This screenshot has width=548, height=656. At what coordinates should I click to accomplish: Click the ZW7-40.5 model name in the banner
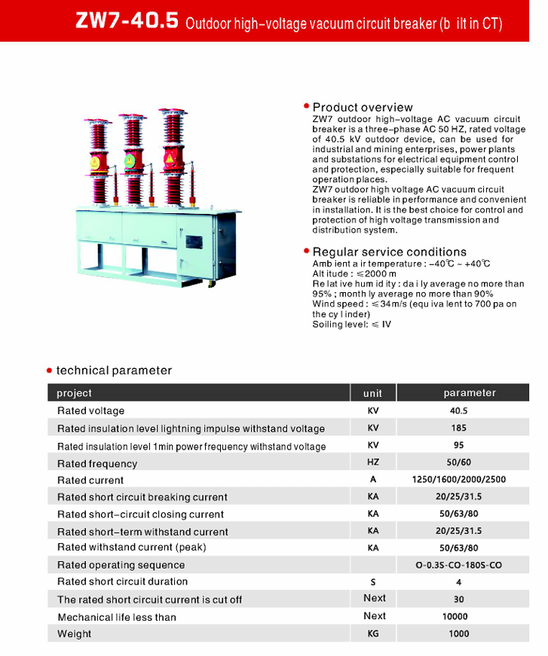[x=127, y=21]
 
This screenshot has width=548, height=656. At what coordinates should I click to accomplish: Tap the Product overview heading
[x=363, y=107]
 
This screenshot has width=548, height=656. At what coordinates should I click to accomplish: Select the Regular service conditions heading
[x=389, y=252]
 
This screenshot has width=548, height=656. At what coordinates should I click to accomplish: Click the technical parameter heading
[x=114, y=371]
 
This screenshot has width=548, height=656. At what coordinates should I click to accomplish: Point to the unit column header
[x=372, y=393]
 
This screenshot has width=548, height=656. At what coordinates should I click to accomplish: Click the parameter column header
[x=470, y=392]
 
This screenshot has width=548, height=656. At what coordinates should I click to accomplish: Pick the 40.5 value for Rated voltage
[x=458, y=411]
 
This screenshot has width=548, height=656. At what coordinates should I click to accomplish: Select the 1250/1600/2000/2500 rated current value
[x=458, y=480]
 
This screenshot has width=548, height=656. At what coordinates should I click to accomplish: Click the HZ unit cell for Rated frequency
[x=372, y=462]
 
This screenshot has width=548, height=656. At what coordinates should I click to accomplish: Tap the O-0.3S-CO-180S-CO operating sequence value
[x=458, y=565]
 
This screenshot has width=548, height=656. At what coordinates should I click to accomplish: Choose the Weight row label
[x=75, y=634]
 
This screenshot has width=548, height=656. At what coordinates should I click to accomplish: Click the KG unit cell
[x=372, y=634]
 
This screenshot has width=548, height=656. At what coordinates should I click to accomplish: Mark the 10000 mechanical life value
[x=455, y=617]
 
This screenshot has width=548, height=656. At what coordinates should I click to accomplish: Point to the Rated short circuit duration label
[x=123, y=582]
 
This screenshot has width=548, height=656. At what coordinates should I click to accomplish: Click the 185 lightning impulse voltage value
[x=458, y=429]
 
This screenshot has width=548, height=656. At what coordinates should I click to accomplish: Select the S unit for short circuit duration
[x=372, y=582]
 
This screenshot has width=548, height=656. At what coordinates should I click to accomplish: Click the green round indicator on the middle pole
[x=130, y=160]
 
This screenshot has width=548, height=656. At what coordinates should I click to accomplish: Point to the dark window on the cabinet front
[x=194, y=243]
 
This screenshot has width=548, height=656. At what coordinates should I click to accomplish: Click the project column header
[x=75, y=393]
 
